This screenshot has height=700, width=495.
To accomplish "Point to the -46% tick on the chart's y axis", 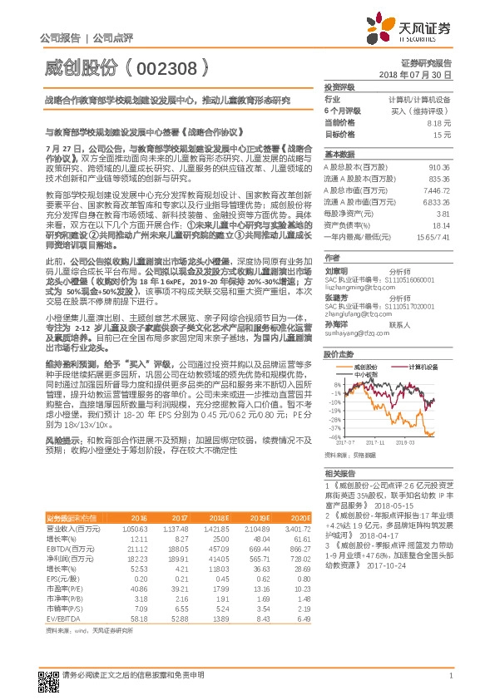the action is [x=334, y=436].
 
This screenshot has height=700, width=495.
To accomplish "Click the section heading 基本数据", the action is [x=339, y=155].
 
